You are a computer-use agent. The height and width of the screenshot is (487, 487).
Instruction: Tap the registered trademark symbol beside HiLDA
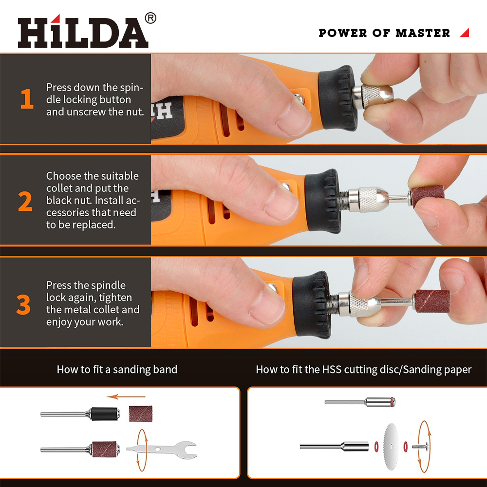click(150, 18)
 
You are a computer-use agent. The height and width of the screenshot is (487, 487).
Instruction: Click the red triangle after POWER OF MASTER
click(465, 33)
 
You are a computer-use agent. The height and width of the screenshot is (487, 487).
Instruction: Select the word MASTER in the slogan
click(423, 33)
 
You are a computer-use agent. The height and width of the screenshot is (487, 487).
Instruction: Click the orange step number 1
click(27, 99)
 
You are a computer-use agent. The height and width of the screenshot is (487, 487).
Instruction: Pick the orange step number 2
click(25, 202)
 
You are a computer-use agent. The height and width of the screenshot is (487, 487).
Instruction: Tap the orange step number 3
click(23, 304)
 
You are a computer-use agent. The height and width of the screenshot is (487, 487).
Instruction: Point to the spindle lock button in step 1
click(299, 98)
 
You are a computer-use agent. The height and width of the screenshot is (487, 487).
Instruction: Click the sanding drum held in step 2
click(427, 196)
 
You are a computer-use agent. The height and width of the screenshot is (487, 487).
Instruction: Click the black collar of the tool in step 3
click(313, 305)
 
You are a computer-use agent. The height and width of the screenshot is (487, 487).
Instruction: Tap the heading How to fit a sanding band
click(117, 369)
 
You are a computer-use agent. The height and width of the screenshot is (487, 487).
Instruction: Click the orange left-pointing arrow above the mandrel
click(126, 396)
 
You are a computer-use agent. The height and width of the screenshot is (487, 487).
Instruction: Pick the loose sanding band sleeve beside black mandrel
click(141, 413)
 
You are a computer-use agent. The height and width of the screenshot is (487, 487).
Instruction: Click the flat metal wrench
click(162, 450)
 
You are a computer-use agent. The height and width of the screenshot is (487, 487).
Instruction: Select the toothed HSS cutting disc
click(391, 447)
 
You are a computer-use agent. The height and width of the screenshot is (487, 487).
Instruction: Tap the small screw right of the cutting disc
click(421, 447)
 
